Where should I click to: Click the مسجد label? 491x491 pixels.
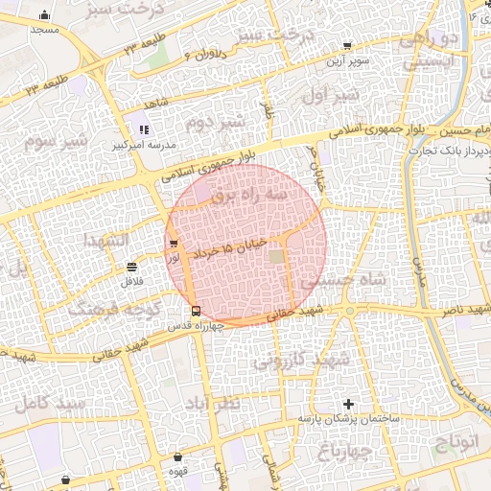[45, 30]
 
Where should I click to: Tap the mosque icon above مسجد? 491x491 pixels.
[45, 15]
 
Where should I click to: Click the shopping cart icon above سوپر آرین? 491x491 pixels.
[346, 45]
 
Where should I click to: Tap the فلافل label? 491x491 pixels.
[130, 283]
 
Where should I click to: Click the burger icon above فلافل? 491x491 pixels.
[130, 268]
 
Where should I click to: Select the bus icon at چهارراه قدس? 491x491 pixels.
[196, 310]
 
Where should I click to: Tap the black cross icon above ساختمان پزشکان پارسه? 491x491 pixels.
[348, 404]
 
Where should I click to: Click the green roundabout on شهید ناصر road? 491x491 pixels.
[350, 312]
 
